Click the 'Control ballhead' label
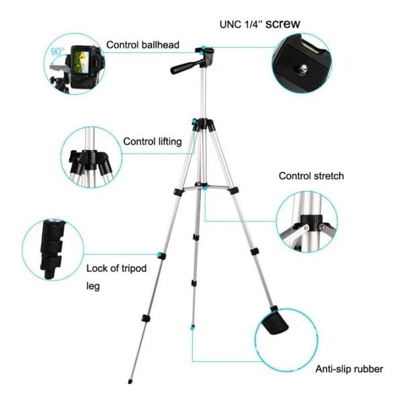click(x=142, y=45)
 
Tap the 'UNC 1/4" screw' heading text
click(x=260, y=24)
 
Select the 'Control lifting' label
click(x=152, y=141)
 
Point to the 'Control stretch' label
click(x=311, y=176)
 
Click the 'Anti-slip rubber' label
click(x=349, y=369)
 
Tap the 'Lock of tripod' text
click(x=116, y=268)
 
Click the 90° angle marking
click(x=58, y=52)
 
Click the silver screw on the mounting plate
click(x=304, y=69)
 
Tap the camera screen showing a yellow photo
click(x=81, y=62)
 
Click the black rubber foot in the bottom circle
click(x=274, y=323)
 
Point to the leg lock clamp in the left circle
click(x=52, y=249)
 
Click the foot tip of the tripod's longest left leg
click(x=130, y=381)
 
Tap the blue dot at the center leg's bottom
click(x=192, y=328)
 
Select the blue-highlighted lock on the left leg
click(x=162, y=256)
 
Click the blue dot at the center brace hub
click(x=205, y=188)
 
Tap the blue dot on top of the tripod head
click(x=204, y=48)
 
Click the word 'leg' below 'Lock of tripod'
click(x=93, y=286)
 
